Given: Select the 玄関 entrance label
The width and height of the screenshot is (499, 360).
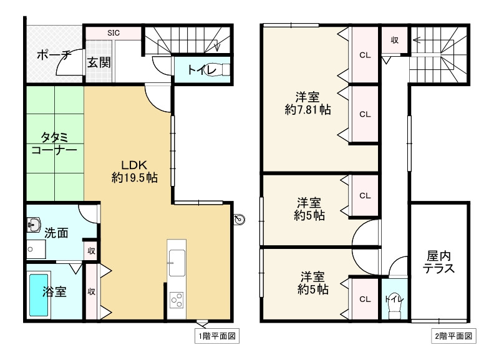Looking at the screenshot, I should (99, 62).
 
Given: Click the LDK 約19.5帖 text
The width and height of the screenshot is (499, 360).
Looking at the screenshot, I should (134, 171).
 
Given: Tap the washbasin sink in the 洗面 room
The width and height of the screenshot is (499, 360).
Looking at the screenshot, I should (34, 225).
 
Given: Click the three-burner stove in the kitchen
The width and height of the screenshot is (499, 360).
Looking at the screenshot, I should (176, 299).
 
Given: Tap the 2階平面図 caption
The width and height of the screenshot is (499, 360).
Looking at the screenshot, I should (454, 336).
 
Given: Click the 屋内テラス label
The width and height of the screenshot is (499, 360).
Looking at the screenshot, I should (438, 262).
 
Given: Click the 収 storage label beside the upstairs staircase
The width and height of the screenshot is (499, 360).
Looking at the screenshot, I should (395, 40).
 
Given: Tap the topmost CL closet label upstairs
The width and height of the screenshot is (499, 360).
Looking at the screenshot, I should (365, 55).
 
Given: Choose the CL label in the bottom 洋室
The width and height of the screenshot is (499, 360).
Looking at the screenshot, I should (365, 299).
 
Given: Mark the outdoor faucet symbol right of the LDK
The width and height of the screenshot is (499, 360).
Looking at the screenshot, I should (240, 219).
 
